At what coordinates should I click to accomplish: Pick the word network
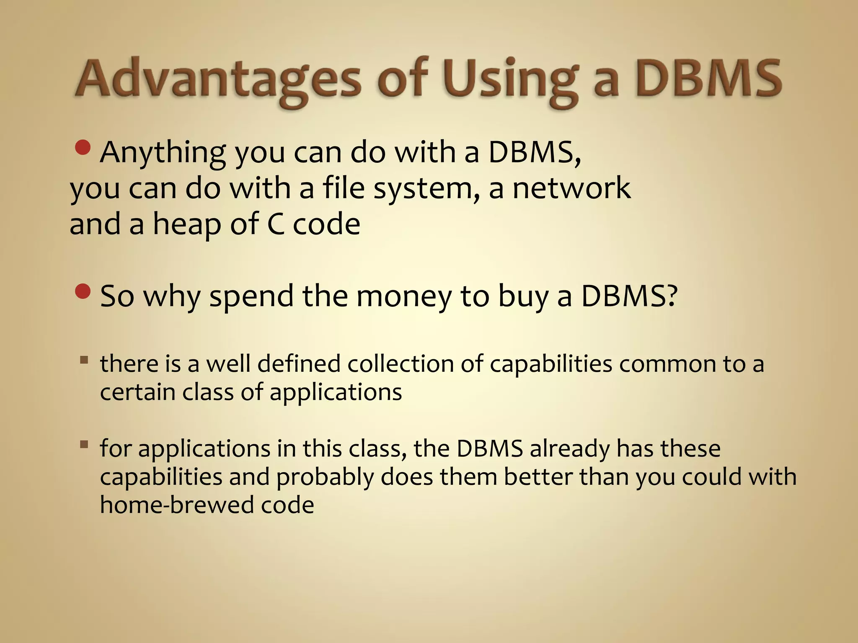[571, 188]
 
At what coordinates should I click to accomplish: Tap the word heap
[186, 224]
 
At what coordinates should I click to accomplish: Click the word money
[404, 296]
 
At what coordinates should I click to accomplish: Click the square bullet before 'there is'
[84, 360]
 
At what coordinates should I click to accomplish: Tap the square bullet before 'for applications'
[84, 444]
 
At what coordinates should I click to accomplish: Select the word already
[570, 449]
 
